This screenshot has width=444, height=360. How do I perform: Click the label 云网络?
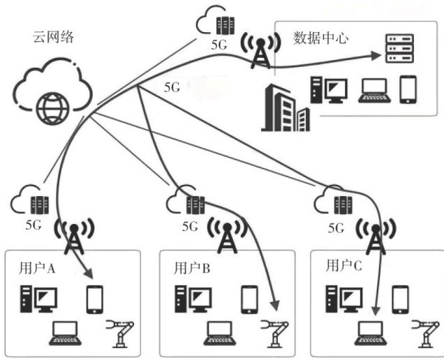pyautogui.click(x=53, y=37)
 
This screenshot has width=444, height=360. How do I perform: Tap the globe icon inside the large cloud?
pyautogui.click(x=53, y=107)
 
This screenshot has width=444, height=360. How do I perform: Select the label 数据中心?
pyautogui.click(x=320, y=37)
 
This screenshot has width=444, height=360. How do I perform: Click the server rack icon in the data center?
pyautogui.click(x=399, y=47)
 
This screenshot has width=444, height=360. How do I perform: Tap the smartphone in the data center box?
pyautogui.click(x=408, y=89)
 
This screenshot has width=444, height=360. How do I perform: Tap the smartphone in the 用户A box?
pyautogui.click(x=95, y=299)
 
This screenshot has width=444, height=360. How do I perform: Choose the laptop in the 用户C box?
pyautogui.click(x=371, y=332)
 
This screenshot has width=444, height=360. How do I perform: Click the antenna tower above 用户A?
pyautogui.click(x=73, y=237)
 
